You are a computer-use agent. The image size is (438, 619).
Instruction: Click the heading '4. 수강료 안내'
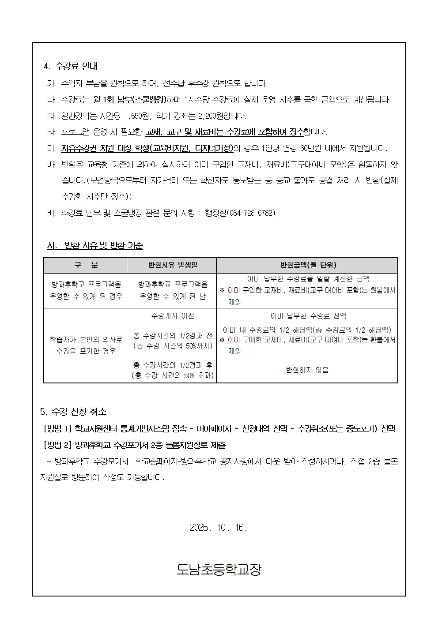[x=71, y=66]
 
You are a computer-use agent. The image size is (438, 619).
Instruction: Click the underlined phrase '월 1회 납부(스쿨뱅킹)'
[x=130, y=100]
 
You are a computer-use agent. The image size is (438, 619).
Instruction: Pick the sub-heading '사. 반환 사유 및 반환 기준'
[x=95, y=245]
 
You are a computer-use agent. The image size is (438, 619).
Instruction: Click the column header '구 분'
[x=86, y=265]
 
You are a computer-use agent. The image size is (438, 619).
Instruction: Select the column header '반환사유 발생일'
[x=172, y=265]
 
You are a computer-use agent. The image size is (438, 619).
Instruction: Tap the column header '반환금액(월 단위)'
[x=308, y=265]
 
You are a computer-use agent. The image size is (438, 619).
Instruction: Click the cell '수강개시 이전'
[x=172, y=316]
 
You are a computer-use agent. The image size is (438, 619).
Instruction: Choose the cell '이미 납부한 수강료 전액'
[x=308, y=316]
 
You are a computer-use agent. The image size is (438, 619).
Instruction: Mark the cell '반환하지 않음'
[x=308, y=370]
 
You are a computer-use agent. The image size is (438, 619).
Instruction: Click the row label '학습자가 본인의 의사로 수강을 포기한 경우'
[x=86, y=345]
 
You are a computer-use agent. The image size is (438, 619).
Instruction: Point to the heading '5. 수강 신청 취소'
[x=73, y=412]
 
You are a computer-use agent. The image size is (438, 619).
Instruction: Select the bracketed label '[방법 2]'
[x=57, y=445]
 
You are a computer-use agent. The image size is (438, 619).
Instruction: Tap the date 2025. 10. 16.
[x=219, y=528]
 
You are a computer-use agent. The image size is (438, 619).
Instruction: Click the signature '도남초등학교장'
[x=219, y=570]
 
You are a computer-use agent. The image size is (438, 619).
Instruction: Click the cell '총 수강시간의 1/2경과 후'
[x=172, y=365]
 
